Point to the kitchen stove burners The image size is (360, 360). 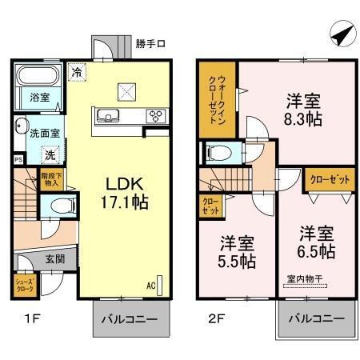[154, 116]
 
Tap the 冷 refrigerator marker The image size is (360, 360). [76, 72]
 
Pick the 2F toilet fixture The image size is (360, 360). [218, 154]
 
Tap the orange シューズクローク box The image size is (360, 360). [23, 285]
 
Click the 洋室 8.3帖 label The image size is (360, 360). [305, 110]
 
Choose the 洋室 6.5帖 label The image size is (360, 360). [317, 242]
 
